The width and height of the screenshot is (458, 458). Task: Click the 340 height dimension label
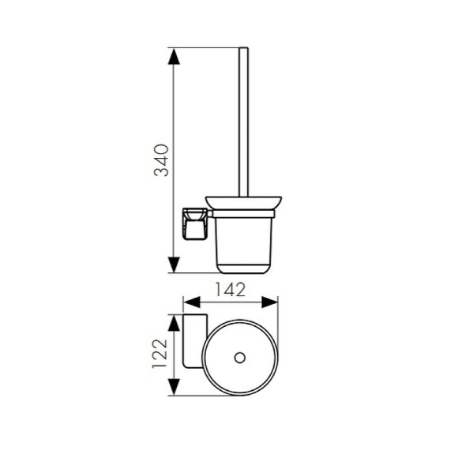click(x=161, y=160)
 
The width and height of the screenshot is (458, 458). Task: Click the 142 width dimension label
click(x=230, y=290)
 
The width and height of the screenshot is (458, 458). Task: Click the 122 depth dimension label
click(x=160, y=354)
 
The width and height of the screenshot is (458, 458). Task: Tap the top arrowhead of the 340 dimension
click(x=174, y=56)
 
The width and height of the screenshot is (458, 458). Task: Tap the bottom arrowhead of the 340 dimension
click(x=174, y=265)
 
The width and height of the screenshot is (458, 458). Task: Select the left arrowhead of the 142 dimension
click(x=192, y=302)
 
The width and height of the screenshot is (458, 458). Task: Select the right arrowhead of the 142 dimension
click(x=269, y=302)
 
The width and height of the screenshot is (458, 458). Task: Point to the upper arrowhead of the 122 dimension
click(x=174, y=323)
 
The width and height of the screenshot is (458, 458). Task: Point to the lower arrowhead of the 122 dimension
click(x=174, y=387)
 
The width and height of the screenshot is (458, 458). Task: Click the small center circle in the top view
click(x=240, y=358)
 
